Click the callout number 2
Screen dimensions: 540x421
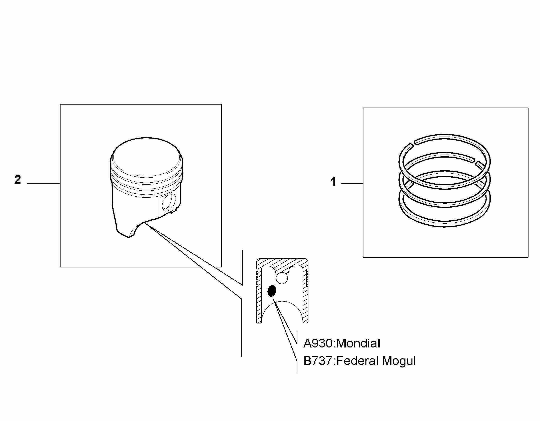click(x=18, y=180)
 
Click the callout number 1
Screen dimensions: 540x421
click(x=333, y=182)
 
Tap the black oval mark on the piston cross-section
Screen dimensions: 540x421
click(x=272, y=291)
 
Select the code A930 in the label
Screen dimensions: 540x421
click(x=318, y=343)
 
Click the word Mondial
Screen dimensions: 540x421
click(x=358, y=343)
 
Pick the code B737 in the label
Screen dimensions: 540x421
click(x=318, y=361)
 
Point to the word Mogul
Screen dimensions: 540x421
click(x=399, y=362)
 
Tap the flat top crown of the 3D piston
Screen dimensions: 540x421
click(x=147, y=156)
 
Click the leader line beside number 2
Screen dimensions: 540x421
click(x=44, y=183)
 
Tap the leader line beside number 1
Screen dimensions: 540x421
click(x=352, y=184)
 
